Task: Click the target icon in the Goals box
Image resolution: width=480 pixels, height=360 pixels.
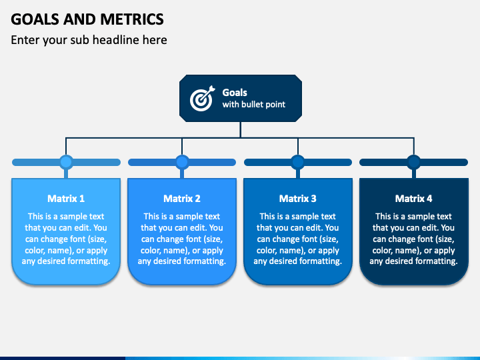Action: (202, 98)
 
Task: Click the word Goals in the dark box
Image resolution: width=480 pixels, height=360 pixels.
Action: (235, 93)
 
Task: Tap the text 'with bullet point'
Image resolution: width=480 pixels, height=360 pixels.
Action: (254, 105)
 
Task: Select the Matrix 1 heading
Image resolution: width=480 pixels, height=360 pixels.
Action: (66, 199)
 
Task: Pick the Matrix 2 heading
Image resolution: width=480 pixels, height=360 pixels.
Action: (182, 199)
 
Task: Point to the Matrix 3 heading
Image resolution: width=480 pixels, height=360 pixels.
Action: (297, 199)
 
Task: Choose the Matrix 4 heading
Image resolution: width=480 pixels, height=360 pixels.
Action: (413, 199)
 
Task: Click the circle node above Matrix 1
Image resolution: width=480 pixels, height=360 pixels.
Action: (66, 162)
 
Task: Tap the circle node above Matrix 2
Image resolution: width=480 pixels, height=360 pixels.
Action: (182, 162)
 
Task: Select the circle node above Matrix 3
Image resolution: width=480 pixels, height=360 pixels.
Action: (298, 162)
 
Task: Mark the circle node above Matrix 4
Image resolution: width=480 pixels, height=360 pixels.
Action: (414, 162)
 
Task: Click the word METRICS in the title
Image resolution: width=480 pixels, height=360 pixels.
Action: (132, 19)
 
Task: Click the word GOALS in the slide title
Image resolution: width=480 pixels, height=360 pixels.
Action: (35, 19)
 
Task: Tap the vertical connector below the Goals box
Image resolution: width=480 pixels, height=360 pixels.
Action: (241, 130)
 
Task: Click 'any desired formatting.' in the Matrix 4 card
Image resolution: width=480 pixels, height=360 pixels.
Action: (413, 261)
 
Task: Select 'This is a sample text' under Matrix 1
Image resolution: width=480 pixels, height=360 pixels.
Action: (66, 217)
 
